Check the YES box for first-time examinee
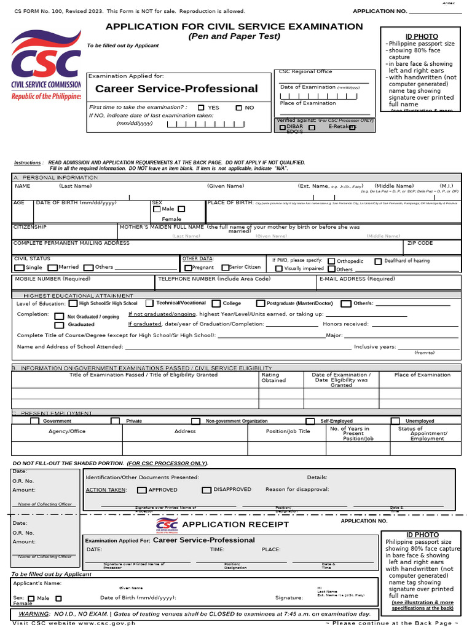201,108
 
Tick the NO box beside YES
239,108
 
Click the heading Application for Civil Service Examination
234,26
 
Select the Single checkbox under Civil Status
20,268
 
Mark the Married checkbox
53,268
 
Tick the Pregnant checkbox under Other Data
188,268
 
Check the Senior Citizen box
224,268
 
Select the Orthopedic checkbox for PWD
332,261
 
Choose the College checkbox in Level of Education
216,303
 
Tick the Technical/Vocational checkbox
149,303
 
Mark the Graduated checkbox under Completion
59,324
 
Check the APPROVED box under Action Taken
142,490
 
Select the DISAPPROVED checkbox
207,490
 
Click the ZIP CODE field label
420,243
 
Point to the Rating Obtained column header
273,377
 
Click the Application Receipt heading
235,524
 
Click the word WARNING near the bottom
33,614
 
